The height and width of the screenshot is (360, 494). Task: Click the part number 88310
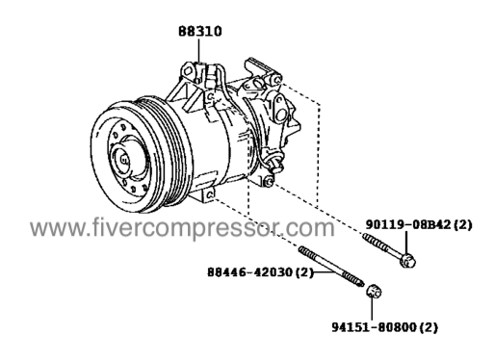tap(200, 32)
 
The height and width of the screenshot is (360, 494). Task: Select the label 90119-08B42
tap(408, 225)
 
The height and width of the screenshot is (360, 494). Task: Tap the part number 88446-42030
tap(250, 272)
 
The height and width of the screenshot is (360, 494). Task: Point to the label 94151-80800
tap(374, 327)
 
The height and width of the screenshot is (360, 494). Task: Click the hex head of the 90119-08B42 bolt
tap(407, 260)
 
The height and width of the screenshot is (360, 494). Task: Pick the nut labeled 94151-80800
tap(374, 292)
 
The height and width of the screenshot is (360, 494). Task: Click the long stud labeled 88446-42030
tap(331, 266)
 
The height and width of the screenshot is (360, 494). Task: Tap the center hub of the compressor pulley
tap(123, 159)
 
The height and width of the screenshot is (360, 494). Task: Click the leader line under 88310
tap(198, 50)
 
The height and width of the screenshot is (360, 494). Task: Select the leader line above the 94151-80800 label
tap(372, 309)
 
